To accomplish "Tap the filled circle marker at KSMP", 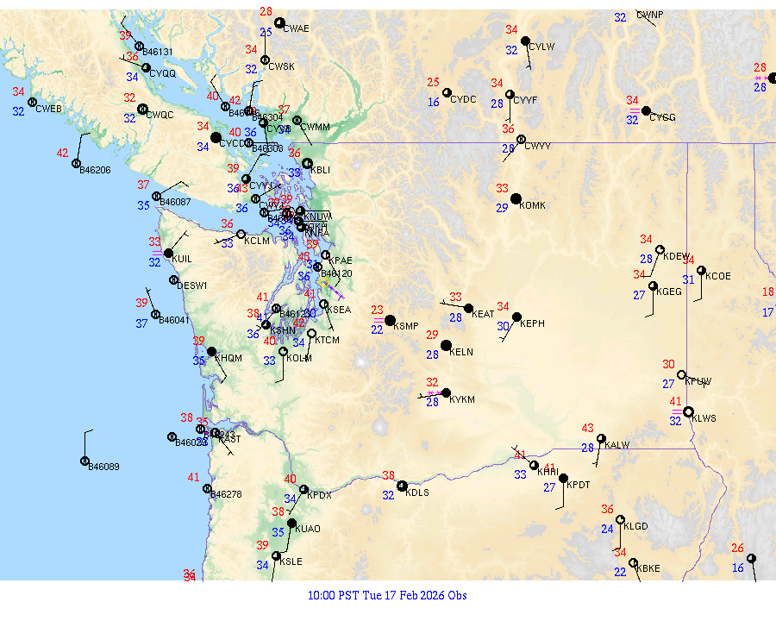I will tap(390, 320).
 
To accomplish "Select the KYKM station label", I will tap(463, 400).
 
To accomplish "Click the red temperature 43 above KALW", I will tap(588, 428).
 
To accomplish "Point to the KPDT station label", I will tap(578, 486).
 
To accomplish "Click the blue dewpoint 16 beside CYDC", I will tap(434, 103).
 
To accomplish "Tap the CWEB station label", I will tap(48, 109).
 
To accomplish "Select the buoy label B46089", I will tap(104, 467).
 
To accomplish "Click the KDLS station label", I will tap(417, 493).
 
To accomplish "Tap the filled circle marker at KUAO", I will tap(291, 524).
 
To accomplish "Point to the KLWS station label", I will tap(704, 418).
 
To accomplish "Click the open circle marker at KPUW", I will tap(681, 375).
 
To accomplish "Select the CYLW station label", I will tap(541, 47).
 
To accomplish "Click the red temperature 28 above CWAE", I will tap(266, 12).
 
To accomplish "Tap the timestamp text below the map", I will tap(387, 595).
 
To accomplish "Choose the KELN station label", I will tap(461, 352).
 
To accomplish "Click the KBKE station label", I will tap(648, 568).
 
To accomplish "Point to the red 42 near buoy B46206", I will tap(63, 153).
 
